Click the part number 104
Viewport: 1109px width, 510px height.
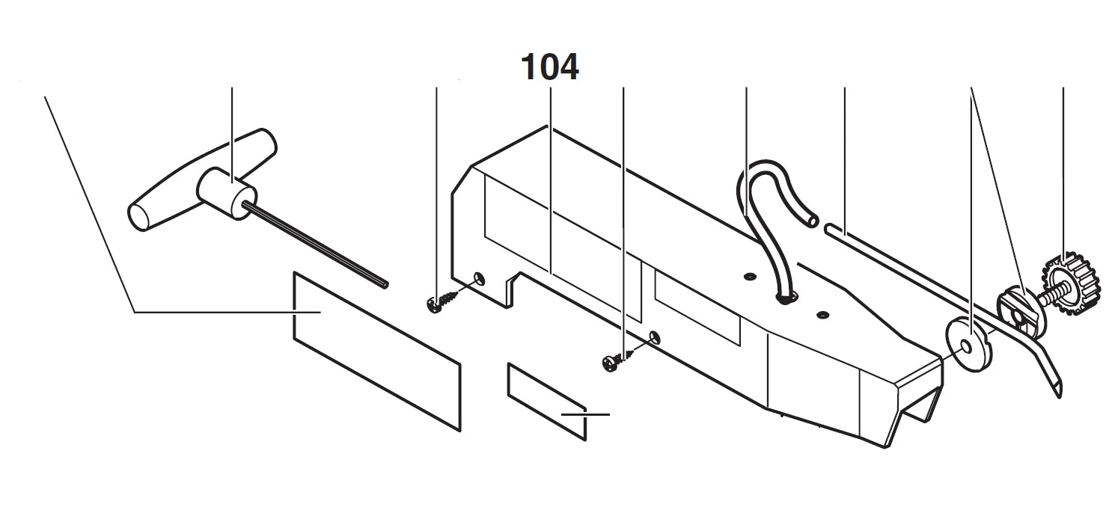[x=550, y=68]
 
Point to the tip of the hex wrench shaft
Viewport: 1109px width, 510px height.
[x=385, y=283]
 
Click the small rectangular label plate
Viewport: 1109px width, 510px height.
[x=546, y=400]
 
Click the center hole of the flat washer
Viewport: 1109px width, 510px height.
[x=968, y=345]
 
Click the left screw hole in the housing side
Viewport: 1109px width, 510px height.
[x=479, y=280]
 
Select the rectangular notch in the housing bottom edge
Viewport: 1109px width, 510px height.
[x=516, y=288]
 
